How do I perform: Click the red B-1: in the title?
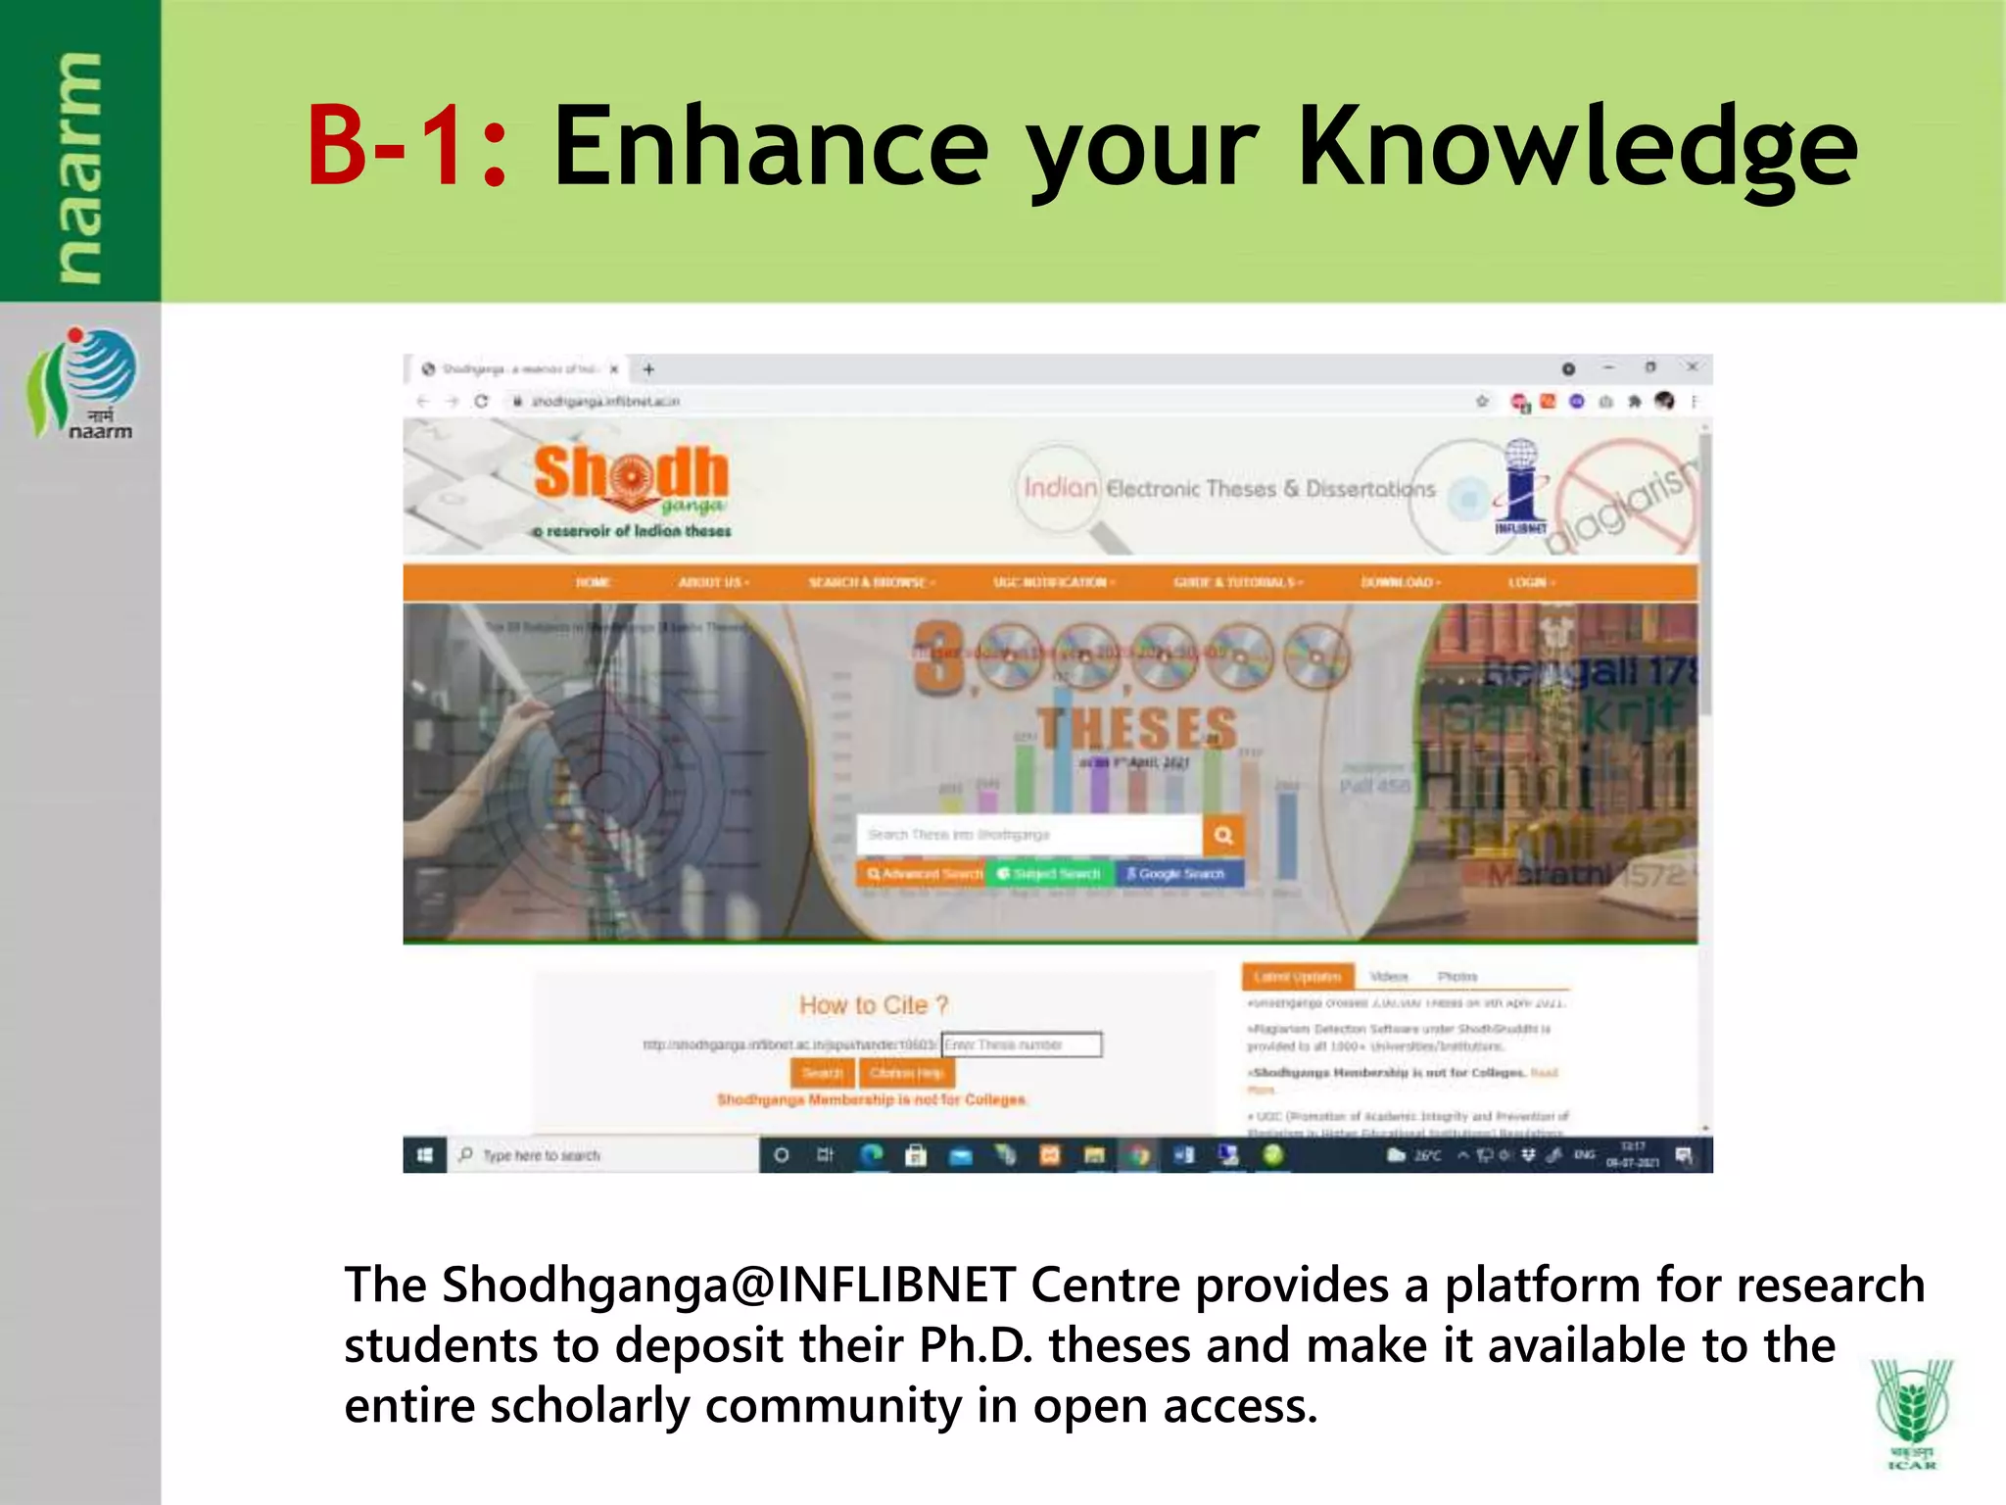click(406, 147)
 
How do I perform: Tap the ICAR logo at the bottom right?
click(1911, 1412)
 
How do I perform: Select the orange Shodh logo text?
click(632, 474)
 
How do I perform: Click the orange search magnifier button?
click(1223, 835)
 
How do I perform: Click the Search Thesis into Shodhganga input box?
click(1028, 835)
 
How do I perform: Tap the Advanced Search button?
click(923, 873)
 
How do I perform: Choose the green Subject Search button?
click(1048, 873)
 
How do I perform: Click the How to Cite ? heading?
click(874, 1005)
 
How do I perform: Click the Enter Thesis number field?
click(1021, 1044)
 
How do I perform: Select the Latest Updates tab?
click(1298, 977)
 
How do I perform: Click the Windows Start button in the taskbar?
click(425, 1156)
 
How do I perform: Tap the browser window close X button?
click(1692, 367)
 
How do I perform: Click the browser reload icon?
click(481, 401)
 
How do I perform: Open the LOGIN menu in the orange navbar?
click(1530, 582)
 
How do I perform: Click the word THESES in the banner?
click(1137, 729)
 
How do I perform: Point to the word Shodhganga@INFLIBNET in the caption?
click(729, 1286)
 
